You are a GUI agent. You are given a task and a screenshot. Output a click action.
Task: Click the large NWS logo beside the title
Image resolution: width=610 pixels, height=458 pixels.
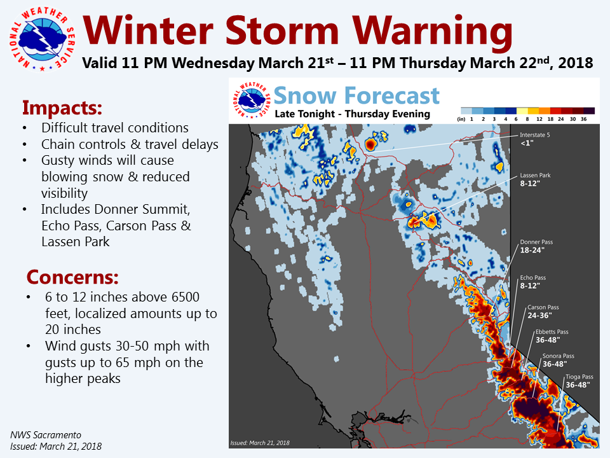pyautogui.click(x=42, y=39)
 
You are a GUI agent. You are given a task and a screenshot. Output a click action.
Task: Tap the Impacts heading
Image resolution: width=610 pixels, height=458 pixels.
pyautogui.click(x=62, y=108)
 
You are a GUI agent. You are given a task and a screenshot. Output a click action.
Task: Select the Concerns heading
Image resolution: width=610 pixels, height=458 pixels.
pyautogui.click(x=72, y=277)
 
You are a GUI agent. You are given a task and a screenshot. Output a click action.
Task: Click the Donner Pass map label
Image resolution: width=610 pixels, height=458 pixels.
pyautogui.click(x=536, y=246)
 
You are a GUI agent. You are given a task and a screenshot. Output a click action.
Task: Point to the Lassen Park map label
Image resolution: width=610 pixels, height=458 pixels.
pyautogui.click(x=535, y=179)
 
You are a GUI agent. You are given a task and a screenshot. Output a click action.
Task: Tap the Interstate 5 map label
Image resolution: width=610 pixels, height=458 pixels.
pyautogui.click(x=535, y=139)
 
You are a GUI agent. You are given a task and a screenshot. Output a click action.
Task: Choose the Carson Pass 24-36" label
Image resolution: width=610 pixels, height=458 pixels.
pyautogui.click(x=543, y=312)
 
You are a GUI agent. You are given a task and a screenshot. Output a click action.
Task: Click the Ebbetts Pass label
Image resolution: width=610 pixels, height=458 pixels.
pyautogui.click(x=552, y=336)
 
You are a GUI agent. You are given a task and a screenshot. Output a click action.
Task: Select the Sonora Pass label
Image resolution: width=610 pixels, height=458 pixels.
pyautogui.click(x=559, y=360)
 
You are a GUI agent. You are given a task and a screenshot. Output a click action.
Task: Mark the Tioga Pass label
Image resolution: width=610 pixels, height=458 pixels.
pyautogui.click(x=579, y=381)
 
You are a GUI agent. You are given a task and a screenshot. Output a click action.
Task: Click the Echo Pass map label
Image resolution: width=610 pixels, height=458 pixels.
pyautogui.click(x=533, y=282)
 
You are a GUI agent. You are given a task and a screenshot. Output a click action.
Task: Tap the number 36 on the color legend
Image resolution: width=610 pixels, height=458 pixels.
pyautogui.click(x=583, y=119)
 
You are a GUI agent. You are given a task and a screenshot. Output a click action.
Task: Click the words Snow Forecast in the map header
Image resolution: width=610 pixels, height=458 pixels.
pyautogui.click(x=356, y=95)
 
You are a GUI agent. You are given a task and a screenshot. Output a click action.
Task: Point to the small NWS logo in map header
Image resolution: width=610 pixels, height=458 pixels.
pyautogui.click(x=252, y=100)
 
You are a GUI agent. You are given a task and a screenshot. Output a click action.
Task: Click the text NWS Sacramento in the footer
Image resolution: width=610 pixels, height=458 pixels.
pyautogui.click(x=46, y=435)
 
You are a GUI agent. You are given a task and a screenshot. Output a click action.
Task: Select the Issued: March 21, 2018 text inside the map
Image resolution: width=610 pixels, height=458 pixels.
pyautogui.click(x=260, y=443)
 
